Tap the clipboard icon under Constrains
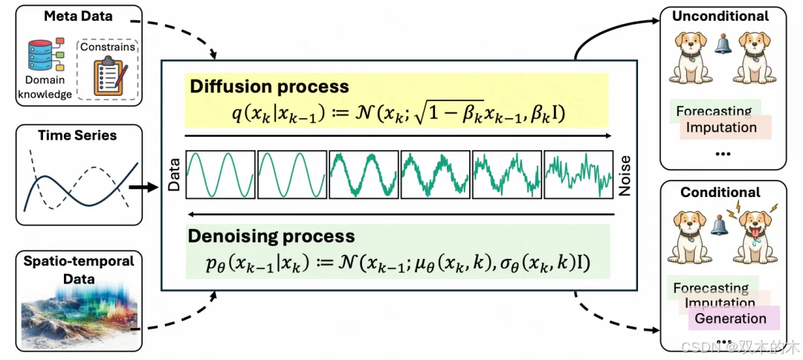pos(109,75)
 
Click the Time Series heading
pos(78,135)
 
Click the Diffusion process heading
pos(269,86)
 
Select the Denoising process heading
pos(272,237)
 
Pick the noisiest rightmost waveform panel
pos(578,176)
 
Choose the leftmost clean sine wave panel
pos(219,176)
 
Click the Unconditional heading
pos(720,16)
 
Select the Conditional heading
pos(720,192)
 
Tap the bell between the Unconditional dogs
pos(720,46)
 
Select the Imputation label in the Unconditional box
pos(720,127)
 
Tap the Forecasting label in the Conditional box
pos(710,288)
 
